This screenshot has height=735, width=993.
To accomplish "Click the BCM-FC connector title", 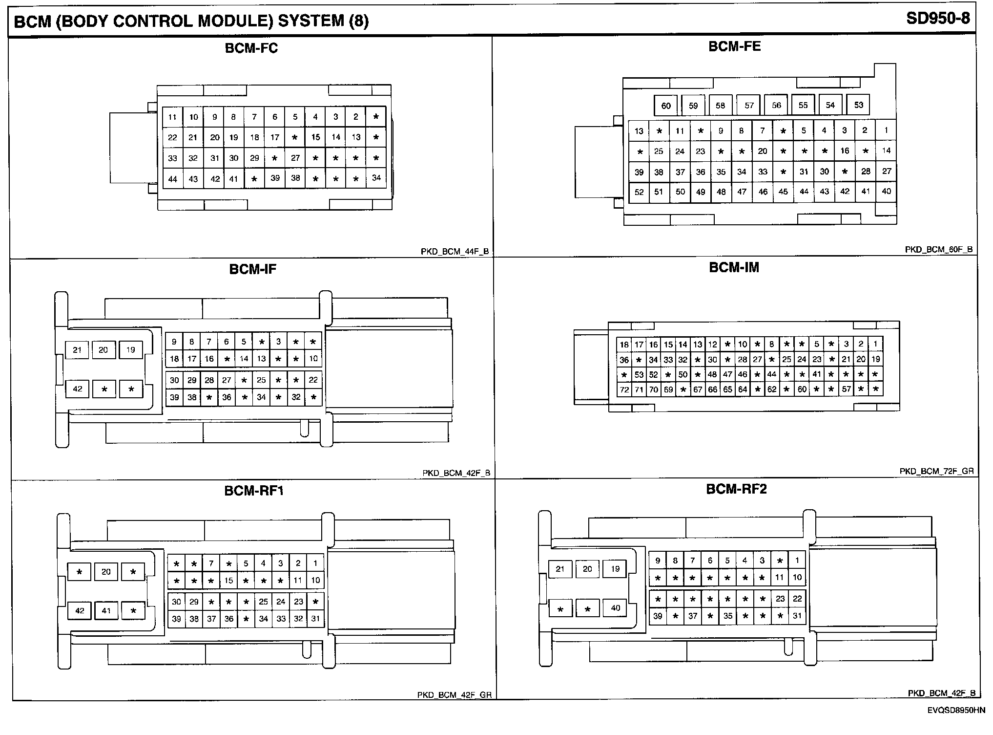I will [x=251, y=48].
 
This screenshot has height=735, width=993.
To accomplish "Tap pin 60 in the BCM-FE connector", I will [x=666, y=106].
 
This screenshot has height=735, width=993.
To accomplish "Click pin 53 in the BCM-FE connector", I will [x=859, y=105].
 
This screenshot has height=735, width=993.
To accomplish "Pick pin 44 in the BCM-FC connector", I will [x=172, y=179].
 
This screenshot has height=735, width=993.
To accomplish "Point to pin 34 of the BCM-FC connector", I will [x=376, y=178].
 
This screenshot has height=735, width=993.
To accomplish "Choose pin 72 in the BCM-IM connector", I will [x=624, y=389].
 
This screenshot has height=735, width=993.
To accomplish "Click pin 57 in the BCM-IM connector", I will [x=846, y=389].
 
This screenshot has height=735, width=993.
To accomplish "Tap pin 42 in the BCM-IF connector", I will [x=78, y=389].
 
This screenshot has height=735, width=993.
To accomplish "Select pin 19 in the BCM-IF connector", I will [x=130, y=350].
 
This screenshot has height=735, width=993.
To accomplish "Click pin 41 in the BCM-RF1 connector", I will [x=106, y=610].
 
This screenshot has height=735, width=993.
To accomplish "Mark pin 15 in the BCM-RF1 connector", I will [x=228, y=581].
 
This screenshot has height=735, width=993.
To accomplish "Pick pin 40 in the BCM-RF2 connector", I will [x=615, y=608].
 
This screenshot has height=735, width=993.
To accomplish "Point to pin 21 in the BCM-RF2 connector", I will [x=560, y=569].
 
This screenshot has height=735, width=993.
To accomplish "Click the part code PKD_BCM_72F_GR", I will [x=936, y=472].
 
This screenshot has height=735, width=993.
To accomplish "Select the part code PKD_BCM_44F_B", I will [x=455, y=252].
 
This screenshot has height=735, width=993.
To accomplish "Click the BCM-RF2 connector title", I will [x=736, y=489].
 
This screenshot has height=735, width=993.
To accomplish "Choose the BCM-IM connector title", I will [x=734, y=268].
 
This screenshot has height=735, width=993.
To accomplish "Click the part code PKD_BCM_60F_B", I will [x=938, y=250].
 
